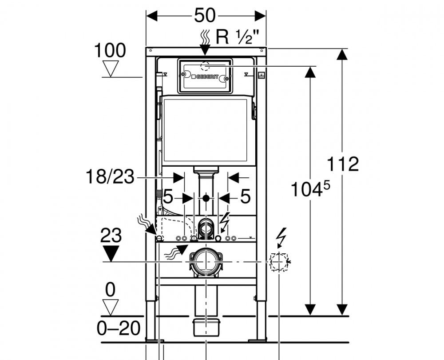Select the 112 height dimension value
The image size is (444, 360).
pos(343,164)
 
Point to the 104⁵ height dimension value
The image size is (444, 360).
pos(310,188)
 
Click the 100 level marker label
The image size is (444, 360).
pos(110,51)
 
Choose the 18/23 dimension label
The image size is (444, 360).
pos(110,176)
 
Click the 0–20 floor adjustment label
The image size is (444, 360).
pos(119,328)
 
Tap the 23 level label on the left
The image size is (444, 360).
pos(111,235)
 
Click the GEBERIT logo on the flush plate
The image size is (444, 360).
pos(205,76)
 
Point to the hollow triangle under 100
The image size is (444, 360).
pos(110,68)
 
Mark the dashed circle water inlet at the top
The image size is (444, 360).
pos(206,66)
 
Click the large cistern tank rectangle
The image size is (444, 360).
pos(205,130)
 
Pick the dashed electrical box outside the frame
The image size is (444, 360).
pos(279,261)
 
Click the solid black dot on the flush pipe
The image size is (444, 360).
pos(206,198)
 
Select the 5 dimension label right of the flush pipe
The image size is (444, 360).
pos(245,196)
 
